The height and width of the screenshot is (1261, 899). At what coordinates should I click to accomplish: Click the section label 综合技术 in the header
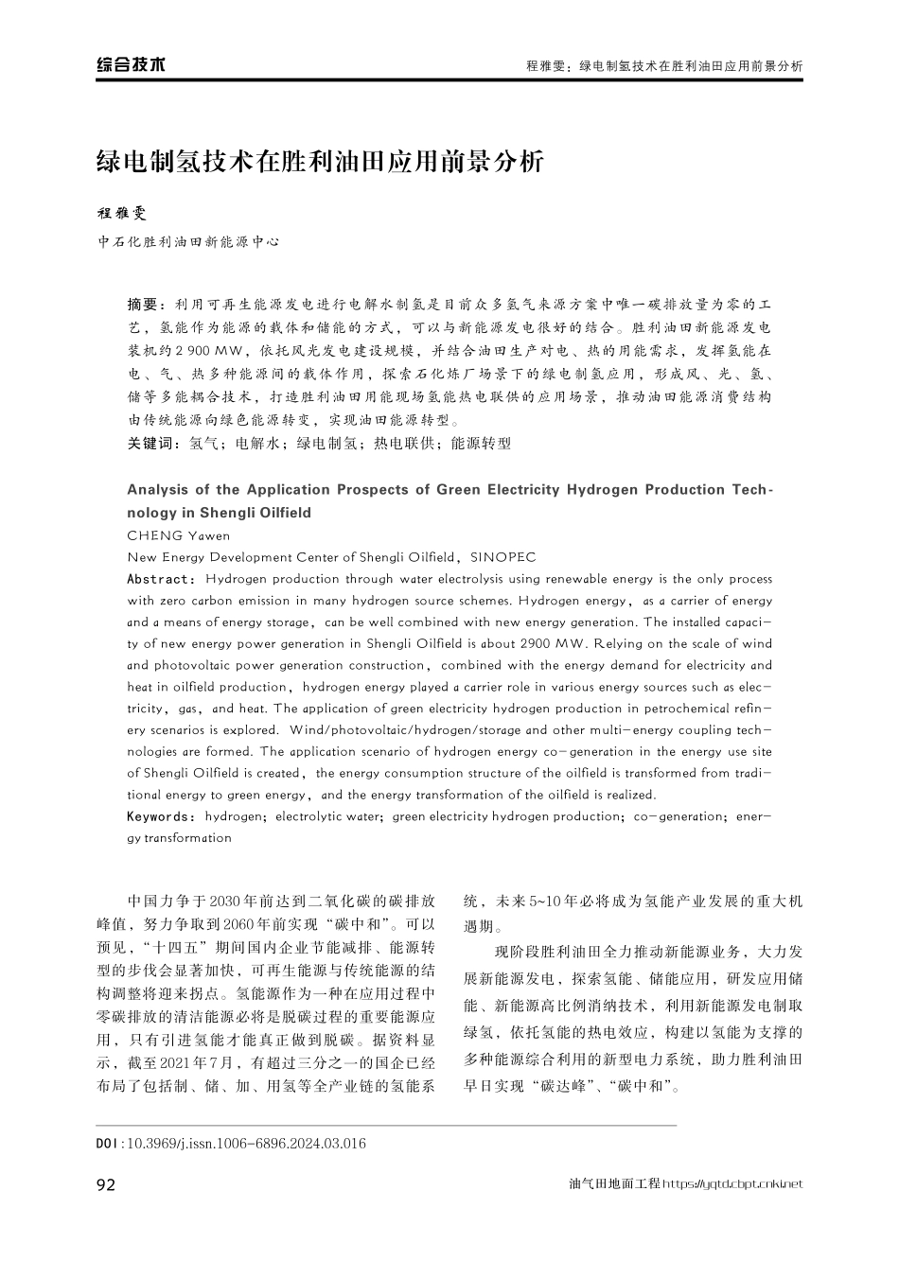131,65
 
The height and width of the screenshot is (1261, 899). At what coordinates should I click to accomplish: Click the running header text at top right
663,66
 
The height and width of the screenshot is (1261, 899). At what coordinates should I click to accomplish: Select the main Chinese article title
321,161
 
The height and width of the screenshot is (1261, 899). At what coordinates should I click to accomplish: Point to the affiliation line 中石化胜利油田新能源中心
189,242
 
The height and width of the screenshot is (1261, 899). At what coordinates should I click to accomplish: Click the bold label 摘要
147,305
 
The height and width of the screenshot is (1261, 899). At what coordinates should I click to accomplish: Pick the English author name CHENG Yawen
178,535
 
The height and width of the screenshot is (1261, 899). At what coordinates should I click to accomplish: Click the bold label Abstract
160,579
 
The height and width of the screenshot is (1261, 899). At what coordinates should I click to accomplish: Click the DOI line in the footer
231,1144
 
